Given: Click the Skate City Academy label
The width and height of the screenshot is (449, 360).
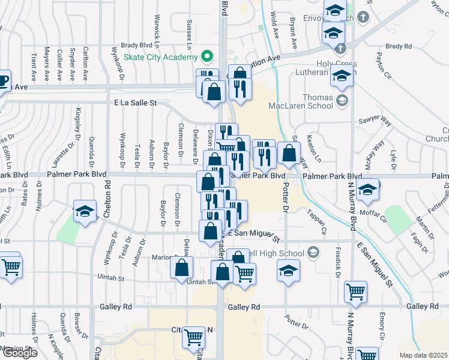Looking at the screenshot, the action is pos(161,57).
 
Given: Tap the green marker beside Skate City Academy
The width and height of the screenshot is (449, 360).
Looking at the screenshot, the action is pos(208,57).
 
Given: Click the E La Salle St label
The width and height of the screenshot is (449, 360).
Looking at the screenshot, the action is pos(136,103).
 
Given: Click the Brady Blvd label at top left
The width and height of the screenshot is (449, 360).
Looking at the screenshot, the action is pos(137,44).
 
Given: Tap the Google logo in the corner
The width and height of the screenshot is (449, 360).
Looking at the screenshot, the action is pos(19,352).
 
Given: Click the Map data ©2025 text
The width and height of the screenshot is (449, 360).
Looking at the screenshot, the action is pos(423,355).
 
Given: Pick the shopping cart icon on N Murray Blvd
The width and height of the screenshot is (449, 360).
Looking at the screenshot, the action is pos(356,292).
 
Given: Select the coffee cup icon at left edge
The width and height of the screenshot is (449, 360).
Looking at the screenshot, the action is pos(3,79).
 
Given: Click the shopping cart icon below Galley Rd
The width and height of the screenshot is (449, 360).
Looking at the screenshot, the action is pos(193,337).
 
